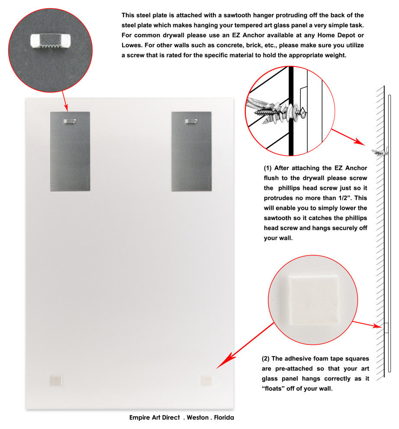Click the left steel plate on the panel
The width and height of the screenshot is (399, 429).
[70, 151]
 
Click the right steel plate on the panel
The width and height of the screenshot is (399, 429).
[191, 151]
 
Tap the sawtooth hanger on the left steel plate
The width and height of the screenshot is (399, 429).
[70, 121]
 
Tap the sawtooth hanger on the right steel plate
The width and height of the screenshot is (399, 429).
[191, 121]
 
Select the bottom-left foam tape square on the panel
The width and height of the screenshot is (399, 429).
[56, 380]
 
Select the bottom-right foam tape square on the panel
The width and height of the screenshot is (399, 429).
[206, 380]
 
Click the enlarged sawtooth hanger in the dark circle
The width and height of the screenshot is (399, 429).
[50, 41]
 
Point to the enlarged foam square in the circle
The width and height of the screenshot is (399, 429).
[313, 300]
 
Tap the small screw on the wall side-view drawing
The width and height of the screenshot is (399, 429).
[380, 153]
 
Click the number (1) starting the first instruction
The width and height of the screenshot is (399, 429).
[268, 168]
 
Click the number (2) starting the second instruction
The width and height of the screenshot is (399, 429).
[266, 359]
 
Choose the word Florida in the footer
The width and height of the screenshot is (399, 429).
[224, 417]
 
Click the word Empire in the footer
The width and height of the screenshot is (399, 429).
[140, 417]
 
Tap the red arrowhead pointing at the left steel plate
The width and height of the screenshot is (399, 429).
[66, 107]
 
